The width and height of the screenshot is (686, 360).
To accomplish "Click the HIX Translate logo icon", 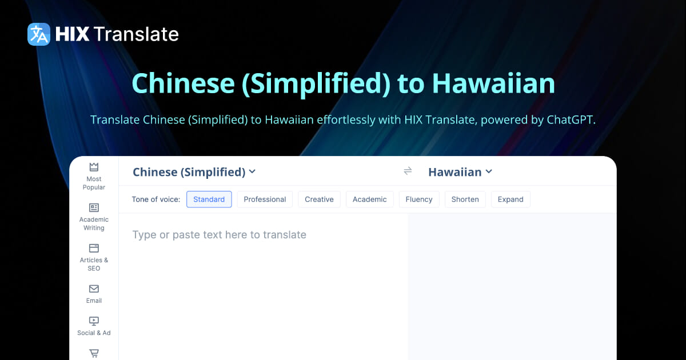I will pyautogui.click(x=39, y=34).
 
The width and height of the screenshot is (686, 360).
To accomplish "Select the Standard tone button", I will pyautogui.click(x=209, y=199).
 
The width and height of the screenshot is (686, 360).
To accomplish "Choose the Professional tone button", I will pyautogui.click(x=265, y=199).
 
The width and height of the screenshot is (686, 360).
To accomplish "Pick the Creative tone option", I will pyautogui.click(x=319, y=199).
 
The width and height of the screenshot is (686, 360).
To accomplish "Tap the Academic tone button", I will pyautogui.click(x=369, y=199).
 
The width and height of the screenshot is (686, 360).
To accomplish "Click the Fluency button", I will pyautogui.click(x=419, y=199).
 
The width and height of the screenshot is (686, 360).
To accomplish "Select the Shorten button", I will pyautogui.click(x=465, y=199).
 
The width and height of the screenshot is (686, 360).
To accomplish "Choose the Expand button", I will pyautogui.click(x=510, y=199).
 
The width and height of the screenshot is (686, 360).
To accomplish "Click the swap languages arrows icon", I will pyautogui.click(x=408, y=171).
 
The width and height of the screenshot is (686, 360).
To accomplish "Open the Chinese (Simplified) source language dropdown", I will pyautogui.click(x=194, y=172).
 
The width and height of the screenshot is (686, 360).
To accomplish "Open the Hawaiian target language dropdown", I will pyautogui.click(x=460, y=172).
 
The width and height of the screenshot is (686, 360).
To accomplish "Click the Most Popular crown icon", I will pyautogui.click(x=94, y=167).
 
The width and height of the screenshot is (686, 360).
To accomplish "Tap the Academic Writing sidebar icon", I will pyautogui.click(x=94, y=207).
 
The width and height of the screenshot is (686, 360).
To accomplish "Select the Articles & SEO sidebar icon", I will pyautogui.click(x=94, y=248).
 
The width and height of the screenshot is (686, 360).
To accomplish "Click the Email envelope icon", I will pyautogui.click(x=94, y=289).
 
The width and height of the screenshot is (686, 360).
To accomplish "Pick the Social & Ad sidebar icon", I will pyautogui.click(x=94, y=321).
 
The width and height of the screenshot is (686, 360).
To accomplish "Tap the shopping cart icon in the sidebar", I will pyautogui.click(x=94, y=354).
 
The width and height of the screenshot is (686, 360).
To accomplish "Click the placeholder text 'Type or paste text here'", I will pyautogui.click(x=220, y=235).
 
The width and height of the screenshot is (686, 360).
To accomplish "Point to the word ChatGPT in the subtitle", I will pyautogui.click(x=565, y=121).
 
